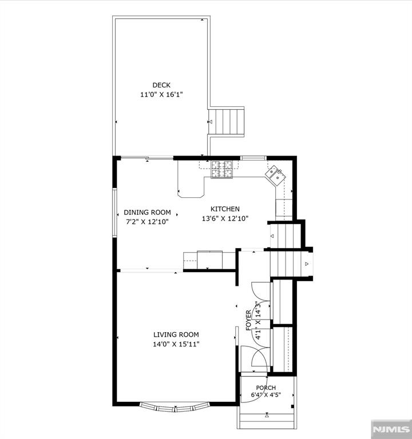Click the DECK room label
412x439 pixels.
tap(161, 85)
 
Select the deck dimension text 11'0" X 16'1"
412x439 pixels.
tap(161, 95)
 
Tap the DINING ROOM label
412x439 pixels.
tap(148, 212)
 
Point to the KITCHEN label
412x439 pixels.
tap(225, 209)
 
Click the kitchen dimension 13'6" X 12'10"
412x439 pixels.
tap(225, 218)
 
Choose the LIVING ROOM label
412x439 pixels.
tap(176, 334)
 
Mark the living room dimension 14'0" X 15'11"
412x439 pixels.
tap(176, 344)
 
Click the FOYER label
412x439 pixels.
tap(248, 320)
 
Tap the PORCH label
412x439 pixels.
tap(266, 388)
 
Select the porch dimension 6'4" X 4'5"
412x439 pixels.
tap(266, 395)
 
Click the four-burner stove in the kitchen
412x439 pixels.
tap(222, 170)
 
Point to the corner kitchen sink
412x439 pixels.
tap(275, 176)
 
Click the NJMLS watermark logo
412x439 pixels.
tap(391, 429)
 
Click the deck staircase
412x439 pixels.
tap(227, 122)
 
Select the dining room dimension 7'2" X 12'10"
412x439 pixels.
tap(148, 222)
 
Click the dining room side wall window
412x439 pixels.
tap(114, 213)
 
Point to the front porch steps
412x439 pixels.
tap(267, 417)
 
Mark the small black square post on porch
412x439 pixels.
tap(292, 406)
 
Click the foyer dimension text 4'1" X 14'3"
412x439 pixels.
tap(258, 320)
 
